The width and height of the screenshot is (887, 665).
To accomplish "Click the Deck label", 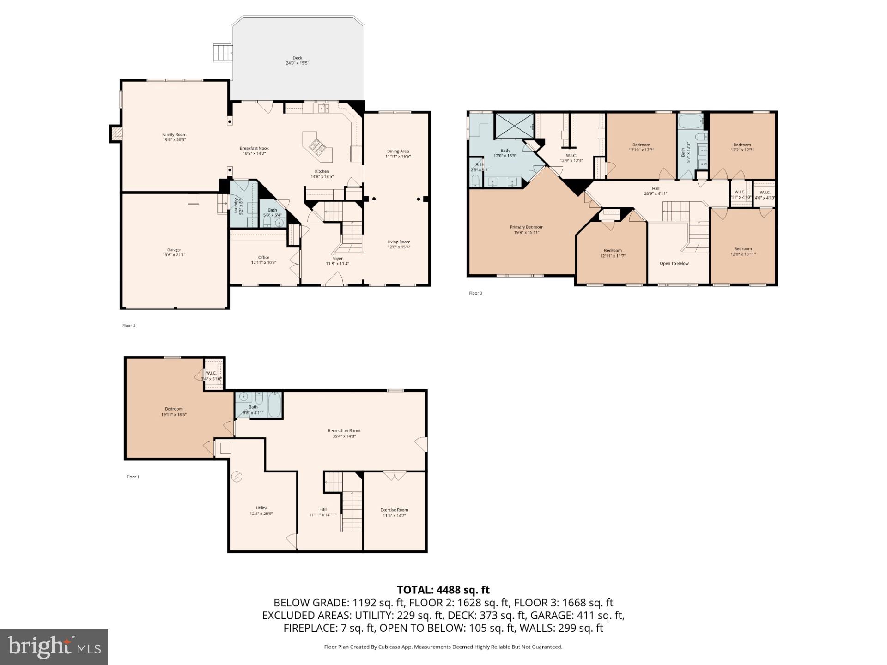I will click(x=297, y=60).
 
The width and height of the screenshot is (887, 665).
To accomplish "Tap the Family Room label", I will click(x=174, y=137).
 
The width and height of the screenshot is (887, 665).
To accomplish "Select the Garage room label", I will click(x=174, y=252).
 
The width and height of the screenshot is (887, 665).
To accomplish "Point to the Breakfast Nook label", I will click(x=254, y=151).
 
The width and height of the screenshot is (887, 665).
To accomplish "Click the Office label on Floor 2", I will click(x=264, y=260).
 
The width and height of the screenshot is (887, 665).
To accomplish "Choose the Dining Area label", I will click(x=398, y=153).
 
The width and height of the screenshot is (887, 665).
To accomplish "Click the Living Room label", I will click(x=399, y=244).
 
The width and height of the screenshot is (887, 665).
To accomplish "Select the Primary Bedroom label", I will click(x=527, y=230).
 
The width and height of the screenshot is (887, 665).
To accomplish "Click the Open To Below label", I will click(x=674, y=263).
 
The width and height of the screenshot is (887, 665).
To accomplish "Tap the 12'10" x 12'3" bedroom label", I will click(x=641, y=147).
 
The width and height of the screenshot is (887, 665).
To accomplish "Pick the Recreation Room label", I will click(x=344, y=433).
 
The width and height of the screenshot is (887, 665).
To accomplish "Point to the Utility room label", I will click(x=261, y=510).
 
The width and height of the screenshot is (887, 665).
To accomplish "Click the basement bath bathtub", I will click(x=274, y=405).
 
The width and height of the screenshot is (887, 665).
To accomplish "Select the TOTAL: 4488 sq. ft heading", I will click(x=443, y=590).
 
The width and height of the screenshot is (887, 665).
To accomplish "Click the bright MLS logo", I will click(x=54, y=647).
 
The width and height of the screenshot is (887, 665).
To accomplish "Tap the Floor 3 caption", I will click(x=475, y=293).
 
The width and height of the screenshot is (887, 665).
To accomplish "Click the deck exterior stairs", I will click(x=222, y=53).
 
